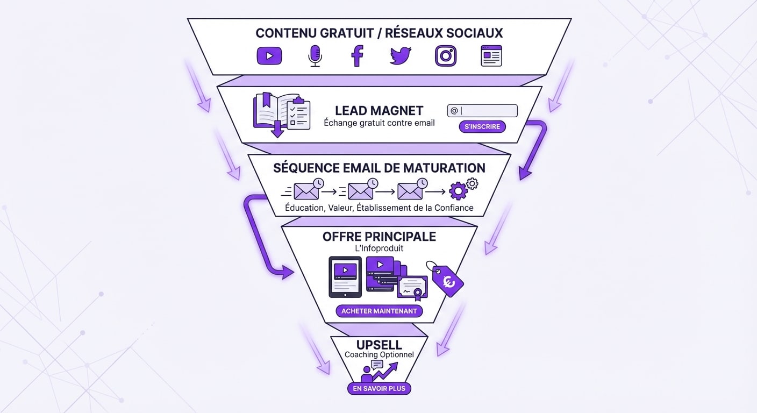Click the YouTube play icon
[x=269, y=55]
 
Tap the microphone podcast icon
[x=315, y=55]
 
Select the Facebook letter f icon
[x=358, y=55]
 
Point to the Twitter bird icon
[x=401, y=55]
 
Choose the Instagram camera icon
[x=446, y=55]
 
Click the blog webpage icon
[x=491, y=55]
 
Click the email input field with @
[x=482, y=111]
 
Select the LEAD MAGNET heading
[x=379, y=111]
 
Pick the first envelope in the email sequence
[x=306, y=191]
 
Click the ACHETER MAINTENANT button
[x=379, y=311]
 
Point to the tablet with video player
[x=345, y=276]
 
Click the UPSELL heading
[x=379, y=345]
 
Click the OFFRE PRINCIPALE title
[x=379, y=237]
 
